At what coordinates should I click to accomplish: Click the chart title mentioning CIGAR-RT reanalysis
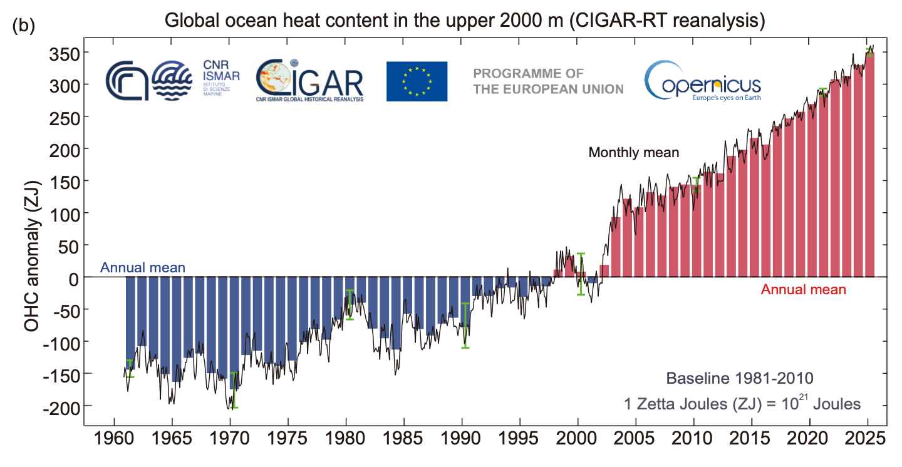coord(465,20)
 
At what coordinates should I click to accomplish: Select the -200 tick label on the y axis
coord(60,407)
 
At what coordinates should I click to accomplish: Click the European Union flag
coord(417,81)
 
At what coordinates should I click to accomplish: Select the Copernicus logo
coord(702,81)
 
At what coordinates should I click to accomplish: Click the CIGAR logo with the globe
coord(309,81)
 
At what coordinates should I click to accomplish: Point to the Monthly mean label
coord(633,152)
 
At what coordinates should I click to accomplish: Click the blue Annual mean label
coord(143,268)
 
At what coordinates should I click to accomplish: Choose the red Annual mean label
coord(803,290)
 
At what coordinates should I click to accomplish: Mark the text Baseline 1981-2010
coord(739,379)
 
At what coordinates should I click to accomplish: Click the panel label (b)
coord(23,26)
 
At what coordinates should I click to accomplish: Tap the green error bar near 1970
coord(234,390)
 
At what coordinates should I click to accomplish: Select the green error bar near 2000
coord(581,274)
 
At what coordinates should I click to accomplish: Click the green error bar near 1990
coord(465,325)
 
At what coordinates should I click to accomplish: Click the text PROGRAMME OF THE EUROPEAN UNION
coord(548,81)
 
